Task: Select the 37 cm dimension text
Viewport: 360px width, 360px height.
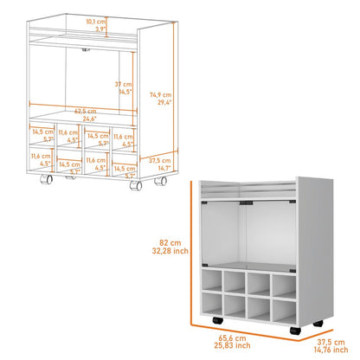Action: point(125,83)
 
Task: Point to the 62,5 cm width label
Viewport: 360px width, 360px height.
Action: point(85,111)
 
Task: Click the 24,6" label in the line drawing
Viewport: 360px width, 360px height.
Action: point(85,118)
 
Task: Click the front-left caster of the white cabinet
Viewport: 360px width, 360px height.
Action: point(214,322)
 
